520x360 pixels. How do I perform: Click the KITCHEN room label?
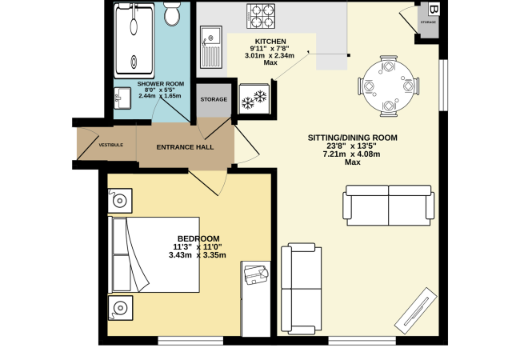click(270, 41)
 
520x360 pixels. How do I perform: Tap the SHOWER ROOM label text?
click(162, 83)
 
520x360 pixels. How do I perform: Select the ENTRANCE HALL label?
click(185, 147)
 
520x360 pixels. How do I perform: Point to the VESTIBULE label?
click(110, 145)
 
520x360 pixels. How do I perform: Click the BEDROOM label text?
click(198, 238)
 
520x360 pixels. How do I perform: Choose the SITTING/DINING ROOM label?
click(352, 138)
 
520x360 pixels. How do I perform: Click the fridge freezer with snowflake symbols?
click(254, 99)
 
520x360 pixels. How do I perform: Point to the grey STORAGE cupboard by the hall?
click(213, 100)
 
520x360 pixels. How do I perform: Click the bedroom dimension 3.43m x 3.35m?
click(198, 255)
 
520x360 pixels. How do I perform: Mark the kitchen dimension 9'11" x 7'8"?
click(270, 48)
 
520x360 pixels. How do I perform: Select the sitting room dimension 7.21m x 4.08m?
click(352, 154)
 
